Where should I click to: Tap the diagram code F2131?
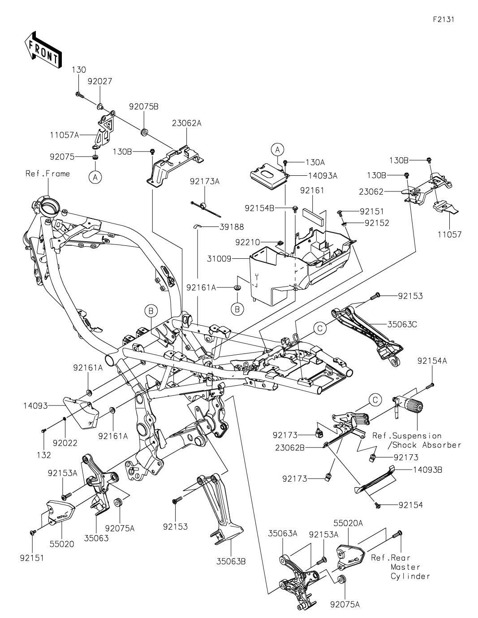click(x=446, y=20)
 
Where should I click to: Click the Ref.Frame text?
click(x=48, y=174)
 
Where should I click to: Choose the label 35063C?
click(x=401, y=324)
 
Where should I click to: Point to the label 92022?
click(x=65, y=443)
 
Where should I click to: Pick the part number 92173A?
click(x=205, y=182)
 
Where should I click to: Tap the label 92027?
click(x=100, y=82)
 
